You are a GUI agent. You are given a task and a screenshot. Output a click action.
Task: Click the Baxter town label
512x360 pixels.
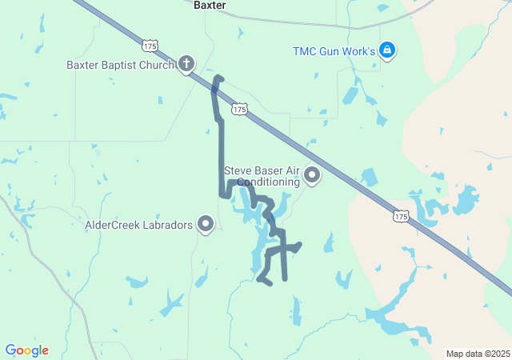(x=210, y=5)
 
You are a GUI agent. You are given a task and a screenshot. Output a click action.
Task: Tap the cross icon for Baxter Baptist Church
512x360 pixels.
(x=186, y=64)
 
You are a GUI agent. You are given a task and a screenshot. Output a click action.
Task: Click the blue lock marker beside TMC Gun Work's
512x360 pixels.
(x=387, y=50)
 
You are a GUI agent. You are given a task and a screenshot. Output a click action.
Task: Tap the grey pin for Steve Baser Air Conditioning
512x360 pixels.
(x=311, y=175)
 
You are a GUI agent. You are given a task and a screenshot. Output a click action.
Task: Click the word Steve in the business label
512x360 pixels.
(x=238, y=170)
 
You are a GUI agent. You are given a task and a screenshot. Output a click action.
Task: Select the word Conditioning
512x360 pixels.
(x=264, y=182)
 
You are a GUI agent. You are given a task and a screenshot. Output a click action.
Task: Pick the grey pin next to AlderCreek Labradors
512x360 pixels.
(x=206, y=225)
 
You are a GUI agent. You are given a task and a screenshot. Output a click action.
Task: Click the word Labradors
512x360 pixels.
(x=170, y=226)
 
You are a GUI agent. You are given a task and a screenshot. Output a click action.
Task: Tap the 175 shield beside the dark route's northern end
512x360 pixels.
(x=238, y=108)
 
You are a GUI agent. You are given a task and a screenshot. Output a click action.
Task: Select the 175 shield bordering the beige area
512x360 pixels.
(x=401, y=216)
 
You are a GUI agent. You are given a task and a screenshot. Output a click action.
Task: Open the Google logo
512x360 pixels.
(x=26, y=350)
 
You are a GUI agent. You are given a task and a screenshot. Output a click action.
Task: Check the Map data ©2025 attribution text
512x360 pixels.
(x=478, y=354)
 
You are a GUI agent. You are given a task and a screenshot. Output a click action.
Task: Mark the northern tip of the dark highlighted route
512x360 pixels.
(x=218, y=78)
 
